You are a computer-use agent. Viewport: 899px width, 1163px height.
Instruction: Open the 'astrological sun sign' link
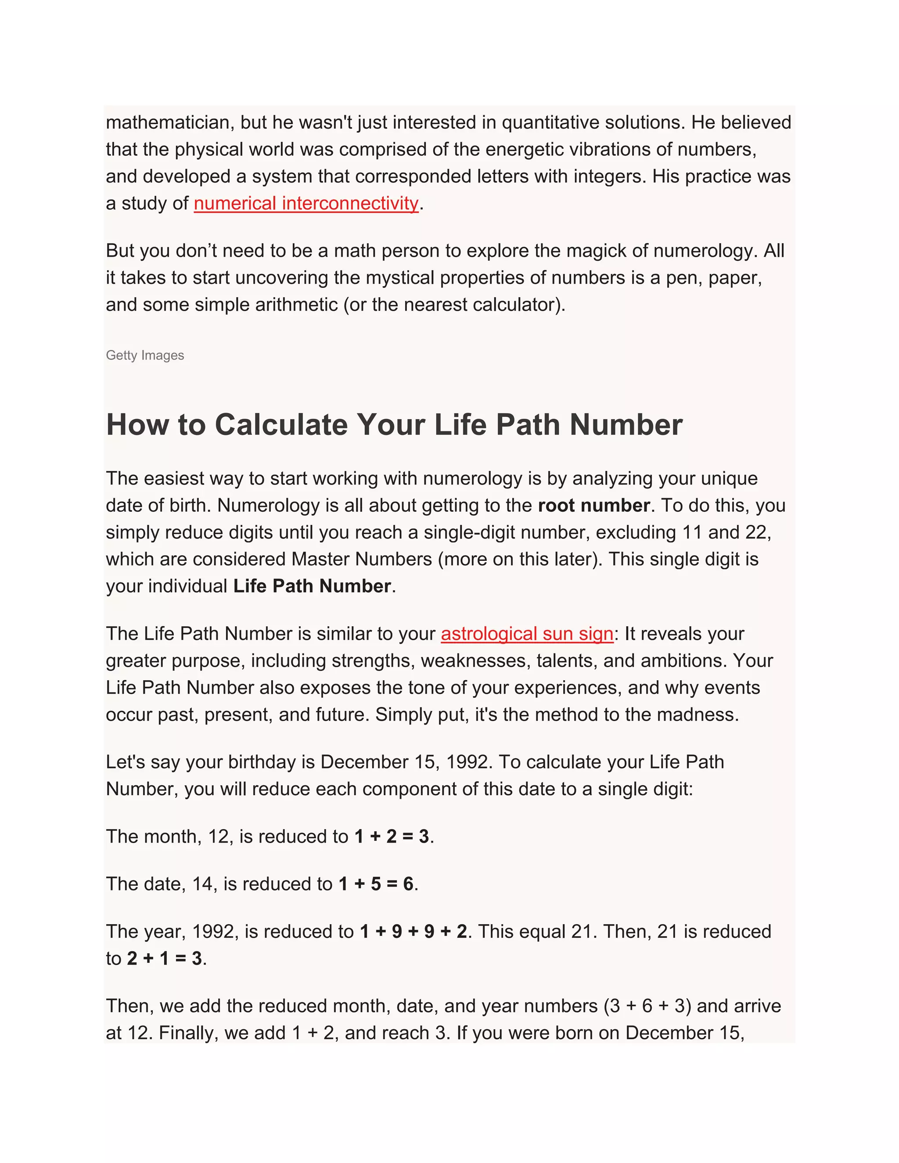[527, 634]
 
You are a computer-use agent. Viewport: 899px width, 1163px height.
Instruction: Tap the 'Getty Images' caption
[145, 355]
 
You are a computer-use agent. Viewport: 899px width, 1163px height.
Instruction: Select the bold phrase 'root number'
[593, 505]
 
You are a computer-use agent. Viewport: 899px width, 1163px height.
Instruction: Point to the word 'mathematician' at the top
[168, 122]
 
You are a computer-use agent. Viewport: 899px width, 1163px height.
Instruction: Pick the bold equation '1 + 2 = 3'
[392, 836]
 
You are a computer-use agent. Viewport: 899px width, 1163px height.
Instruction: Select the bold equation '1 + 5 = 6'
[375, 884]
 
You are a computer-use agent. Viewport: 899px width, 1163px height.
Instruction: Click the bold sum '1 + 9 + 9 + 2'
[413, 931]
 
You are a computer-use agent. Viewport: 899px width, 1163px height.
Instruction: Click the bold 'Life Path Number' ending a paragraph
[312, 586]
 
